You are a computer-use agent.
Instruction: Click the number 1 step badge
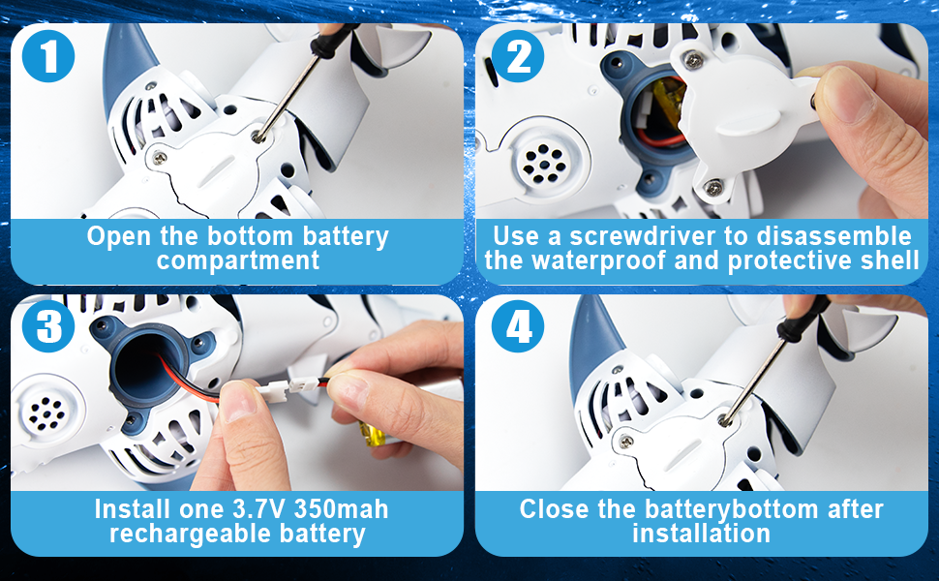pos(48,56)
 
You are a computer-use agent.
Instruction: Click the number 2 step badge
pos(518,56)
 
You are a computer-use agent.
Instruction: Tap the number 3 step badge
pos(48,326)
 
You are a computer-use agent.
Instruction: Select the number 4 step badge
pos(518,326)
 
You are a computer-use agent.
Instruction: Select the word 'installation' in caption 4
pos(701,534)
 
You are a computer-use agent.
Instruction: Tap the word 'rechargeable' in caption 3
pos(191,535)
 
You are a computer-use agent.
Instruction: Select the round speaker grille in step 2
pos(544,163)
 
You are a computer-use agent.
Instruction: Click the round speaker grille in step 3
pos(47,412)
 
